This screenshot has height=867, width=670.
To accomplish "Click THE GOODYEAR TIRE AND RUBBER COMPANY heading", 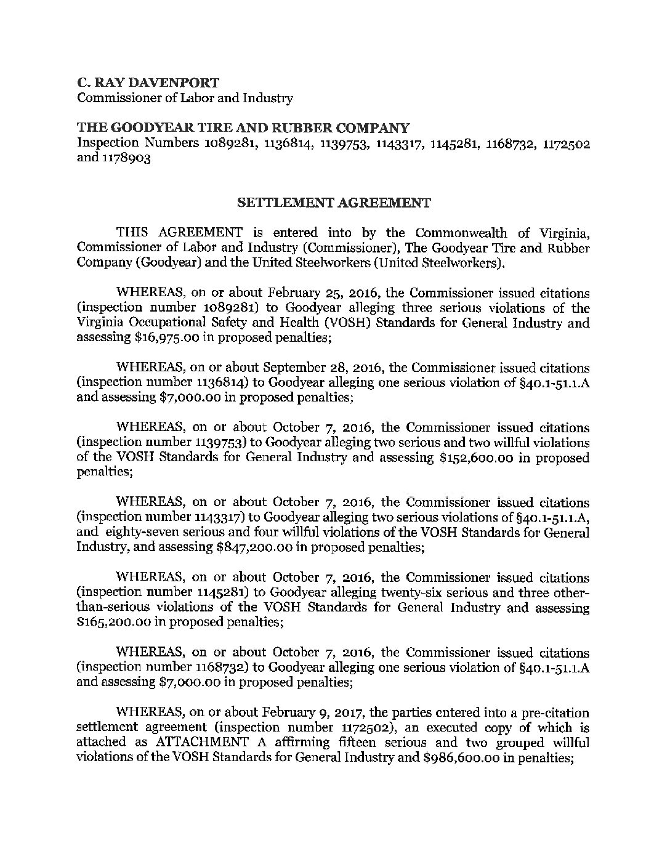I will [x=242, y=128].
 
